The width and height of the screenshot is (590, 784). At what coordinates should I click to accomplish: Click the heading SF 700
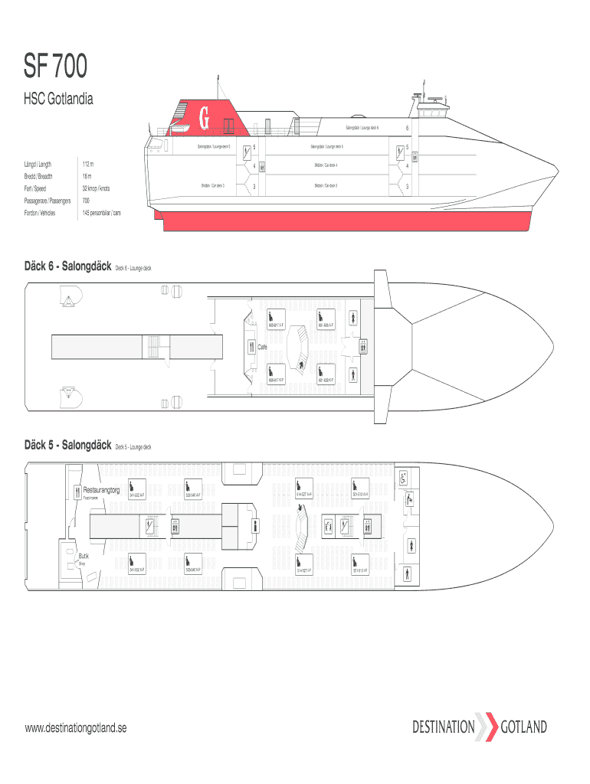pyautogui.click(x=56, y=68)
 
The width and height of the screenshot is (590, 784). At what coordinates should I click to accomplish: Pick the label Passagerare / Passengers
pyautogui.click(x=48, y=201)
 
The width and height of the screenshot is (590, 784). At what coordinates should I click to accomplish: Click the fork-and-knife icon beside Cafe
pyautogui.click(x=251, y=346)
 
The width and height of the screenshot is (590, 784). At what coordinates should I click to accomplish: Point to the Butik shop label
pyautogui.click(x=84, y=557)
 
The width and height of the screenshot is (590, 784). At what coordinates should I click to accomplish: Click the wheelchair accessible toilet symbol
pyautogui.click(x=403, y=476)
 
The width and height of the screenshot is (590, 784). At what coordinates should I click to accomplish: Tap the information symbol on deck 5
pyautogui.click(x=255, y=524)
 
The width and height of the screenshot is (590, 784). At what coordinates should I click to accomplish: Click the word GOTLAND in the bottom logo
pyautogui.click(x=523, y=727)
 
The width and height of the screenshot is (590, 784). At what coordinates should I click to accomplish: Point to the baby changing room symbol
pyautogui.click(x=411, y=499)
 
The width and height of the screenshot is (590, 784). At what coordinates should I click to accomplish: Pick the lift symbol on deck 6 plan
pyautogui.click(x=362, y=346)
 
